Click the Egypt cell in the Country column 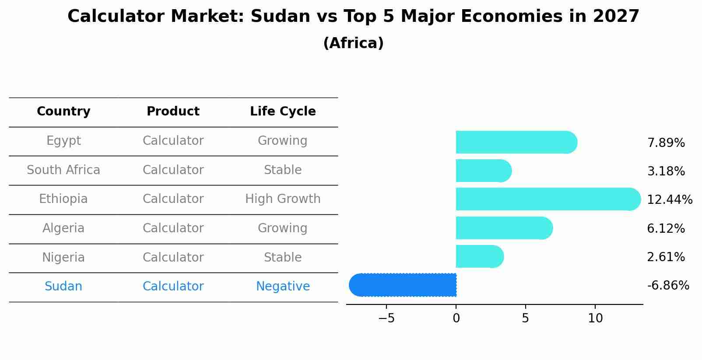pyautogui.click(x=63, y=141)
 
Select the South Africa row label pyautogui.click(x=63, y=170)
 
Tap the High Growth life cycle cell pyautogui.click(x=283, y=199)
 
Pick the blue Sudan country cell pyautogui.click(x=63, y=287)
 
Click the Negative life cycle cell pyautogui.click(x=283, y=287)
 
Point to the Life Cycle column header pyautogui.click(x=283, y=112)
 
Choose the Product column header pyautogui.click(x=173, y=112)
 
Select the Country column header pyautogui.click(x=63, y=112)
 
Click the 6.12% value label pyautogui.click(x=666, y=229)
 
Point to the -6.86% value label pyautogui.click(x=668, y=286)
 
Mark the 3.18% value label pyautogui.click(x=666, y=171)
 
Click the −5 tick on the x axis pyautogui.click(x=386, y=318)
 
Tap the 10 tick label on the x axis pyautogui.click(x=595, y=318)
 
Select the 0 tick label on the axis pyautogui.click(x=456, y=318)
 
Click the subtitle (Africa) pyautogui.click(x=353, y=43)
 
